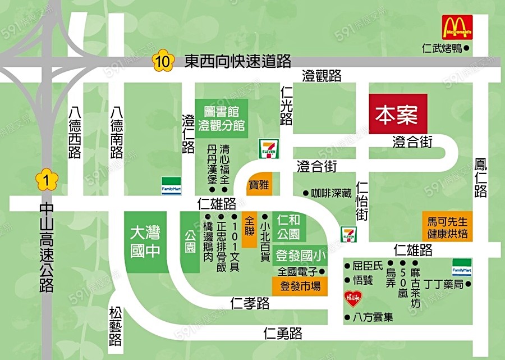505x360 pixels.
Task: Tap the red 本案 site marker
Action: coord(397,113)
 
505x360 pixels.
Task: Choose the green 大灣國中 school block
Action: coord(145,242)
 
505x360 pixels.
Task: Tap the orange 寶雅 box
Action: coord(259,183)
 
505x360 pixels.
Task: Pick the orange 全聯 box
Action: coord(250,229)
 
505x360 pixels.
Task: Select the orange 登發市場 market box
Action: coord(300,286)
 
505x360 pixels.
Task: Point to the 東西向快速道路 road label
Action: coord(238,61)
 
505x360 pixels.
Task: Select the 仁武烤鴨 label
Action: coord(442,49)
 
